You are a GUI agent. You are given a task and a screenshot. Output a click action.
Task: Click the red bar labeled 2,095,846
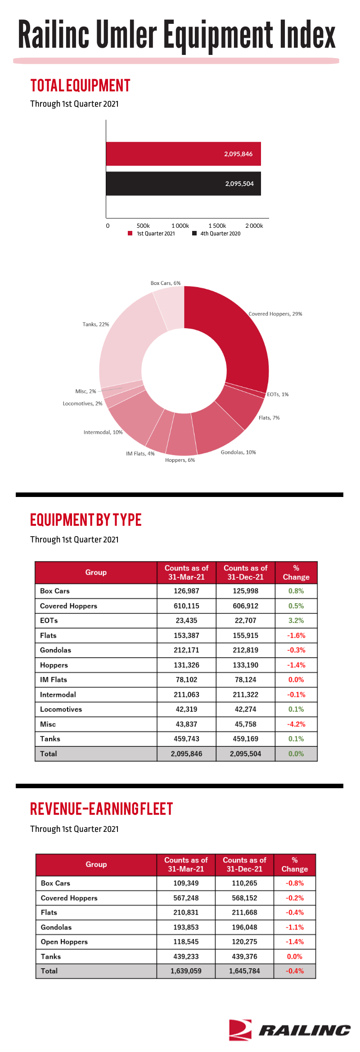coord(183,154)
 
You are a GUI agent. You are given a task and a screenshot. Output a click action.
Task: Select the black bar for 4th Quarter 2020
coord(183,184)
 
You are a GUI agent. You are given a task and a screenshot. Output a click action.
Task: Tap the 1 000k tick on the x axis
coord(180,226)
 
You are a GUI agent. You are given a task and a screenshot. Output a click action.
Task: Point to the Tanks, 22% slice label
coord(96,324)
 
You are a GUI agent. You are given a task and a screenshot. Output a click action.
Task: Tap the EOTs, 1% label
coord(278,394)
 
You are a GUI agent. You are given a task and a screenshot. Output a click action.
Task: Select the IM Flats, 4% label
coord(140,454)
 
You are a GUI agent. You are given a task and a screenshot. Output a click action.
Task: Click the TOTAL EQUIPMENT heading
coord(80,86)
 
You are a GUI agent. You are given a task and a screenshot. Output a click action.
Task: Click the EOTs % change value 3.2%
coord(296,620)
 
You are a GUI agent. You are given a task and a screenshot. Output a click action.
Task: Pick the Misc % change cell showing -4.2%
coord(296,724)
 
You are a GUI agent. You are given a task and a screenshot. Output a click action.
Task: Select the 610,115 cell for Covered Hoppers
coord(186,606)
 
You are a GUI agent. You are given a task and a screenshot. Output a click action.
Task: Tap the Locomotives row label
coord(61,709)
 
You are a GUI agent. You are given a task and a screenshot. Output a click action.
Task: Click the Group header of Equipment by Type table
coord(96,572)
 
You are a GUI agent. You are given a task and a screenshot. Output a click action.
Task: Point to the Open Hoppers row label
coord(64,942)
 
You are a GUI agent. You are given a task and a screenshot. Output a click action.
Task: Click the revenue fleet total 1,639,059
coord(186,971)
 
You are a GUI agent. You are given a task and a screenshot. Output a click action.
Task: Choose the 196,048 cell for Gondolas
coord(244,927)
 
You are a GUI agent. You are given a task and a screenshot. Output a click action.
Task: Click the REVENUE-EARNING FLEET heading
coord(101,809)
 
